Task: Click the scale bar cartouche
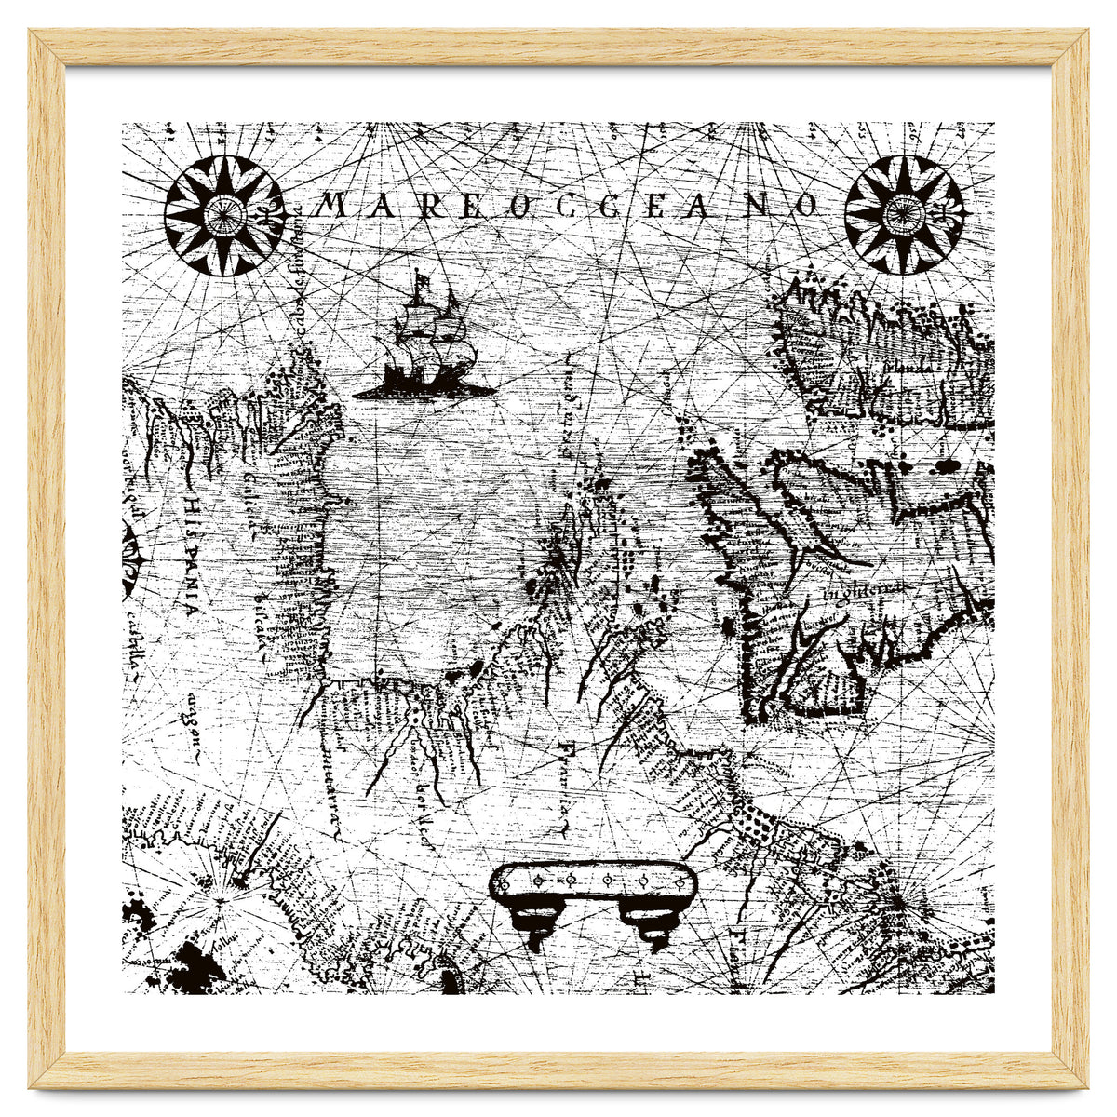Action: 593,880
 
